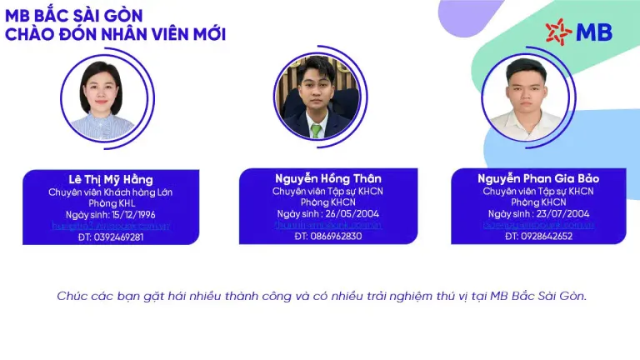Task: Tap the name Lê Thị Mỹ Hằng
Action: [111, 180]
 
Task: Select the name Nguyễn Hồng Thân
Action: [327, 178]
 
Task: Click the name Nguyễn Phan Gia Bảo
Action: [538, 178]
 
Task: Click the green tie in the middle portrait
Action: [316, 130]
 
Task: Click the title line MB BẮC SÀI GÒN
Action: [74, 15]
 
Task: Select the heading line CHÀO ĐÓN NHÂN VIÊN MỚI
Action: [115, 34]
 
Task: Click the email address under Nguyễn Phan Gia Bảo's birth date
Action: [537, 225]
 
